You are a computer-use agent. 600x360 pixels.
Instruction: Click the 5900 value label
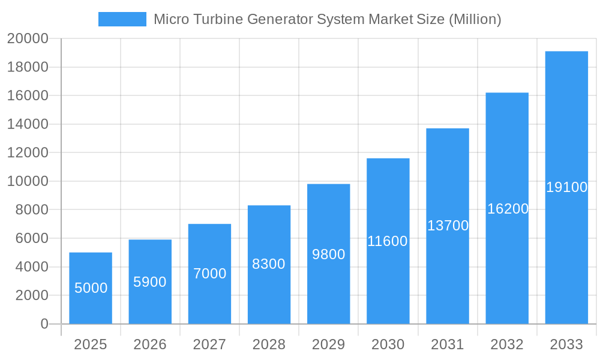(x=150, y=282)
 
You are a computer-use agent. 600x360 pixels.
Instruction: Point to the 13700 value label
(x=448, y=226)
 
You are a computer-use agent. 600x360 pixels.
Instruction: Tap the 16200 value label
(x=508, y=209)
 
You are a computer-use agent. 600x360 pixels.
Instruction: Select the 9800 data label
(x=329, y=254)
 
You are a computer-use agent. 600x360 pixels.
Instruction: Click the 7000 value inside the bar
(x=209, y=274)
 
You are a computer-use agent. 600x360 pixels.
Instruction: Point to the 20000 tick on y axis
(x=27, y=39)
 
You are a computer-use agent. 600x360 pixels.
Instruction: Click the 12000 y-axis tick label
(x=27, y=153)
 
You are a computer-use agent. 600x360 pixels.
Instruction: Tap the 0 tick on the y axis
(x=44, y=324)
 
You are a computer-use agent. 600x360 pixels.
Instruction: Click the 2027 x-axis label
(x=209, y=344)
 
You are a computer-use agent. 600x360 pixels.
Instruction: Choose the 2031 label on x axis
(x=448, y=344)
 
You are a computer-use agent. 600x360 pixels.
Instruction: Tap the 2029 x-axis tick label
(x=329, y=344)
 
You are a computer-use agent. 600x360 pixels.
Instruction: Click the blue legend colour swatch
(x=122, y=19)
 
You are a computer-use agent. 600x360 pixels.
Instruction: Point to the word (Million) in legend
(x=475, y=19)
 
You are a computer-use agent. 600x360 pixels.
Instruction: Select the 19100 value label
(x=566, y=187)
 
